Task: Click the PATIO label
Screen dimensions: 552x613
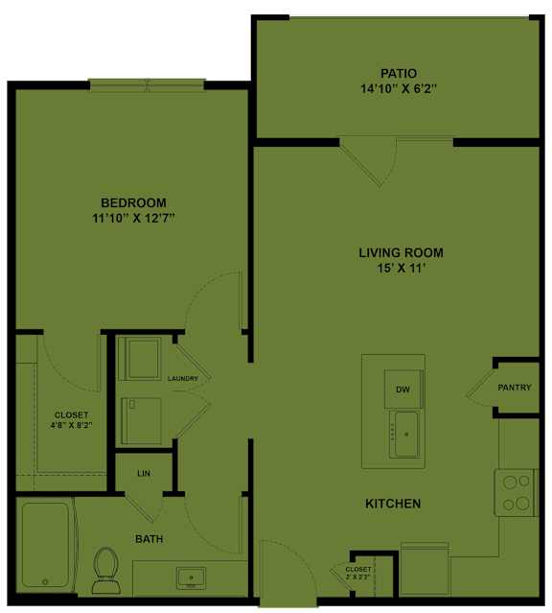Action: (x=399, y=74)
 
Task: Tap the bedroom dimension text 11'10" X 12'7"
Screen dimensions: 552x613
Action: (x=133, y=218)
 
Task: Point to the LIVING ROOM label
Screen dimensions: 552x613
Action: (x=401, y=253)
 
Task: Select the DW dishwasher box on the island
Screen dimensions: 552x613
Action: (x=403, y=389)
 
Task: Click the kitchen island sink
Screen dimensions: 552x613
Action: (x=404, y=434)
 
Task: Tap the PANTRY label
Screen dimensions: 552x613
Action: (x=515, y=388)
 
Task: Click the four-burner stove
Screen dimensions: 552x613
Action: (x=517, y=492)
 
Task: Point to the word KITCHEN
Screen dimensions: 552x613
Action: (x=393, y=504)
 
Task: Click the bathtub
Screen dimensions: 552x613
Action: (x=45, y=545)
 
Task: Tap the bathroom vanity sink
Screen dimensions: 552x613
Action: (x=191, y=578)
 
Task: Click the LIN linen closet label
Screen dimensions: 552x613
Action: (x=144, y=474)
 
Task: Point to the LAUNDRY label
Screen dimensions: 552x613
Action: (x=183, y=378)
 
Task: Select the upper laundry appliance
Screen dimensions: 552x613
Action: (x=140, y=359)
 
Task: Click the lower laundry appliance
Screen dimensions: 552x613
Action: (x=141, y=420)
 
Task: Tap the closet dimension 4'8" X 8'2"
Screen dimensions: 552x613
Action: (x=72, y=425)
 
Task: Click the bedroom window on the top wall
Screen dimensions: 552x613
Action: (x=147, y=85)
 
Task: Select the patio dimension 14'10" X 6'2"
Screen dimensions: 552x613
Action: (x=399, y=89)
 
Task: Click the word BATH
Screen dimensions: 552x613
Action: (x=149, y=539)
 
